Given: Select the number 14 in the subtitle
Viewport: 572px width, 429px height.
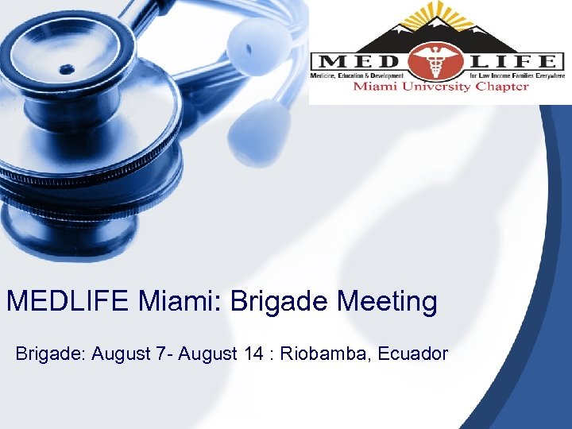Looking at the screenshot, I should tap(253, 354).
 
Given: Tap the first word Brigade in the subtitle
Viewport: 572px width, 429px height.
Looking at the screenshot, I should tap(49, 354).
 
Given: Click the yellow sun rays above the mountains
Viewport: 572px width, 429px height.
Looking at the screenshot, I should tap(436, 15).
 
